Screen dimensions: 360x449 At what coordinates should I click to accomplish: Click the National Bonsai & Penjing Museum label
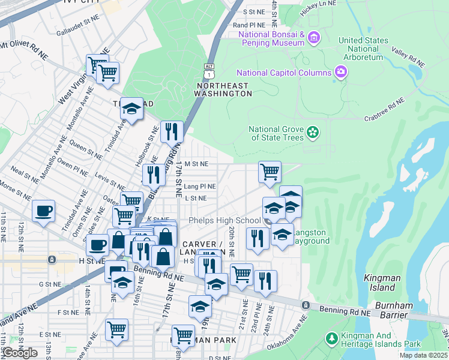click(x=272, y=39)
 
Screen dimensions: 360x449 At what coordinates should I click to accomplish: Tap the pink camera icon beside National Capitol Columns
click(x=341, y=73)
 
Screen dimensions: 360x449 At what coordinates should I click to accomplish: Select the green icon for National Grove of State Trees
click(x=312, y=132)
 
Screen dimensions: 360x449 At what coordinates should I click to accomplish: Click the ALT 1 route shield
click(x=208, y=71)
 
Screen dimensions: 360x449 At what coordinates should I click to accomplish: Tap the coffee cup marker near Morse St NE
click(x=43, y=211)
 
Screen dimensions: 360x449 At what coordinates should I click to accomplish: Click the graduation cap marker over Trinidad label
click(x=132, y=108)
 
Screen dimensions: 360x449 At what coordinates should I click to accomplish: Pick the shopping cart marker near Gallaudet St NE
click(x=107, y=72)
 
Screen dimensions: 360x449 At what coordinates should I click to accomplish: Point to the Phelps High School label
click(x=224, y=221)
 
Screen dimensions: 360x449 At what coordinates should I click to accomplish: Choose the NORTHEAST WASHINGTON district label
click(x=223, y=89)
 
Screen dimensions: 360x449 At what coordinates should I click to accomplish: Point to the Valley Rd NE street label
click(x=408, y=56)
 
